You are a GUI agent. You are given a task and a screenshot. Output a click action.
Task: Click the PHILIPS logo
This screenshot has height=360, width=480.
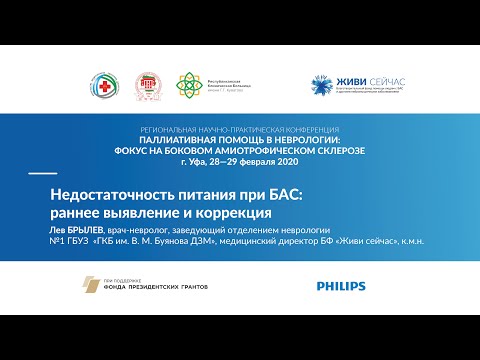pos(341,287)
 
